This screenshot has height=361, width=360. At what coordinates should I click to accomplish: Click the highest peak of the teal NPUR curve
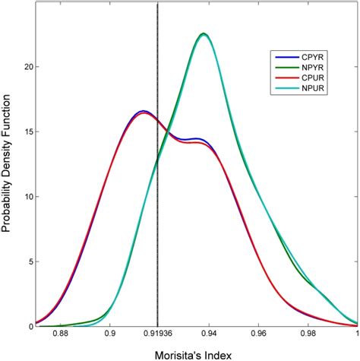point(203,34)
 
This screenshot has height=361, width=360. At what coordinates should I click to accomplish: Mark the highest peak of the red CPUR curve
point(144,113)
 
